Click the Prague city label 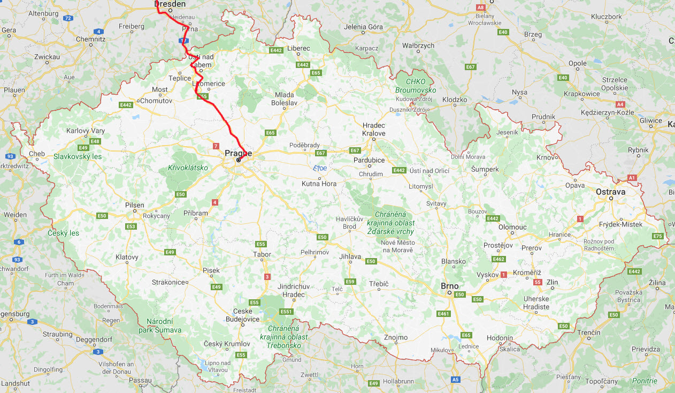pos(238,153)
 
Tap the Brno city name pos(449,286)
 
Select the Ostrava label pos(611,191)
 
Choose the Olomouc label pos(512,227)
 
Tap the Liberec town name pos(298,48)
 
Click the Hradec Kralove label pos(374,129)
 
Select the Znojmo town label pos(396,337)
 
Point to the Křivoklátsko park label pos(188,168)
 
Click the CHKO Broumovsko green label pos(416,86)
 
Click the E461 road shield pos(443,313)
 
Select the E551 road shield pos(287,312)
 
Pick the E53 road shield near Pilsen pos(131,226)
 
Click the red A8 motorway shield pos(480,7)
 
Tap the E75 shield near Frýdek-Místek pos(658,236)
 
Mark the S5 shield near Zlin pos(538,282)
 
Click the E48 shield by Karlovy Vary pos(95,141)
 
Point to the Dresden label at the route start pos(170,4)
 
